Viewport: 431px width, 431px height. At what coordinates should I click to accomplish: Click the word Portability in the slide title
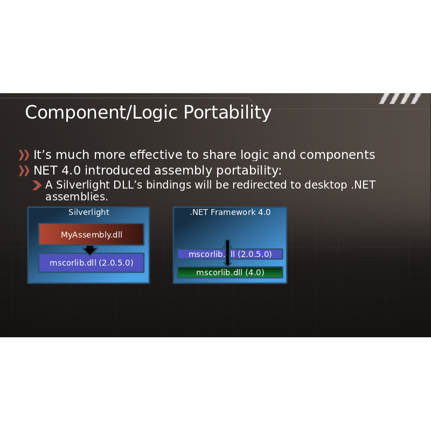pyautogui.click(x=227, y=113)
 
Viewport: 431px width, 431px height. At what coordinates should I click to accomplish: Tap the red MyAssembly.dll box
pyautogui.click(x=91, y=234)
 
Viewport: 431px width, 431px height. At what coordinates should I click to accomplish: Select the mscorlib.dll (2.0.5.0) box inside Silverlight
pyautogui.click(x=91, y=263)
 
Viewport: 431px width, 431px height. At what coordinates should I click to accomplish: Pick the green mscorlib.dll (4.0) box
pyautogui.click(x=230, y=273)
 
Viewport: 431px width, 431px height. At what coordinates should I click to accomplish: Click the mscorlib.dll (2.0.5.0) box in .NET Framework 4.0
pyautogui.click(x=230, y=254)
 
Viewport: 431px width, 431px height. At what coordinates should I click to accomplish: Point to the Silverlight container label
pyautogui.click(x=89, y=212)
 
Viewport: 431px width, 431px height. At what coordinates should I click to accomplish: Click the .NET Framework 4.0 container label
pyautogui.click(x=230, y=212)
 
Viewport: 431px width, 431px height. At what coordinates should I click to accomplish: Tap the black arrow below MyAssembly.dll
pyautogui.click(x=90, y=249)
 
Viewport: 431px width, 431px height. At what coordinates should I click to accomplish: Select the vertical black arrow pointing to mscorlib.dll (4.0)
pyautogui.click(x=227, y=253)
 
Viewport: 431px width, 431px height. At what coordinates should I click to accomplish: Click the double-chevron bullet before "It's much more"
pyautogui.click(x=24, y=155)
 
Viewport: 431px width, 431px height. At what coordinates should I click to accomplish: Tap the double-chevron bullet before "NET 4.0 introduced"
pyautogui.click(x=24, y=171)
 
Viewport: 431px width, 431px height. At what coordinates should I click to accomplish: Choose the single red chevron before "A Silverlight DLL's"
pyautogui.click(x=37, y=185)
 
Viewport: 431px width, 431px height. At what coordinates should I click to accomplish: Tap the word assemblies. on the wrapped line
pyautogui.click(x=77, y=197)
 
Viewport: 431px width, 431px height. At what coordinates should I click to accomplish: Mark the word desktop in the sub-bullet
pyautogui.click(x=326, y=185)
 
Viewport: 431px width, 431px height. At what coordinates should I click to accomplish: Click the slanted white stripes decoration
pyautogui.click(x=400, y=99)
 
